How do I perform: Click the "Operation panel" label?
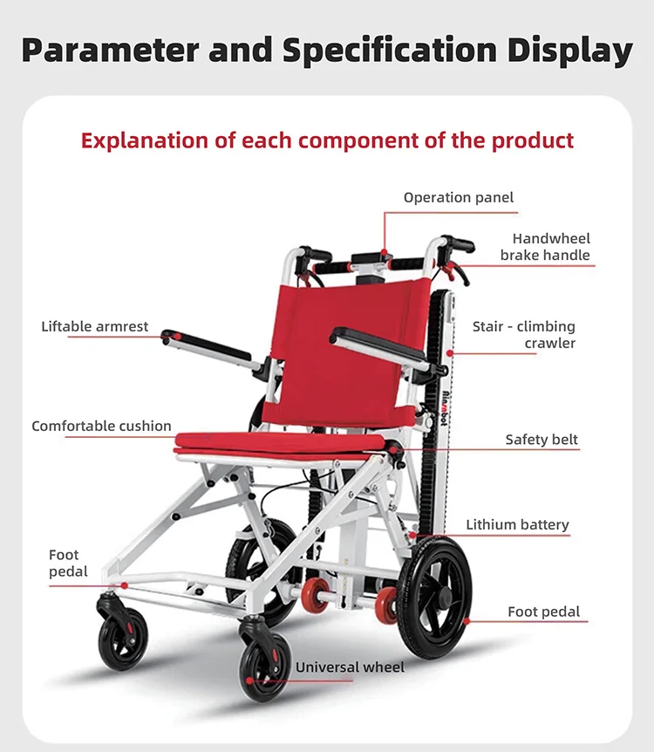point(459,197)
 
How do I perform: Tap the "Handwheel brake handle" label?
point(545,247)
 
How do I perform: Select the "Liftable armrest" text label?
point(95,326)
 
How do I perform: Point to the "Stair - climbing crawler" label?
point(523,335)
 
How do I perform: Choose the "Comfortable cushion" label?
point(101,426)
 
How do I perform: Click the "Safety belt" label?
point(542,440)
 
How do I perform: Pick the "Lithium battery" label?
point(517,524)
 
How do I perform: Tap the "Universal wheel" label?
point(350,667)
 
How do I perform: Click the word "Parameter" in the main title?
point(110,51)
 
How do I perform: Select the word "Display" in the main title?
point(570,51)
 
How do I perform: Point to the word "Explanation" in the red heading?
point(146,140)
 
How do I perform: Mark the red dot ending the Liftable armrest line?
point(177,337)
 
